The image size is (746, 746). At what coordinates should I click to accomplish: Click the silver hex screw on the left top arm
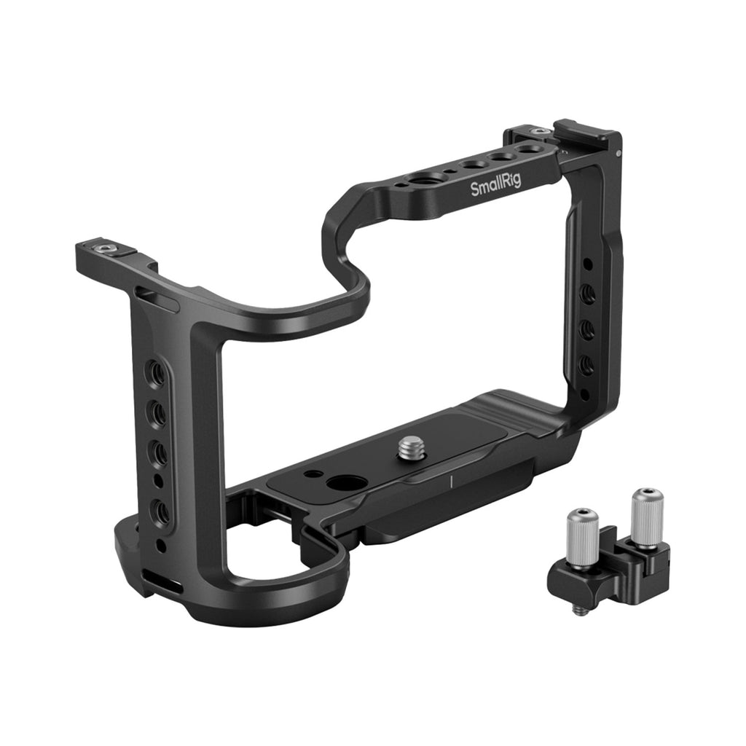tap(102, 248)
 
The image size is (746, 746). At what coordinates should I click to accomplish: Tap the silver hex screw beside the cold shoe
tap(540, 131)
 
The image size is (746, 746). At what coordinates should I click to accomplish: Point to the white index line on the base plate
tap(450, 481)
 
